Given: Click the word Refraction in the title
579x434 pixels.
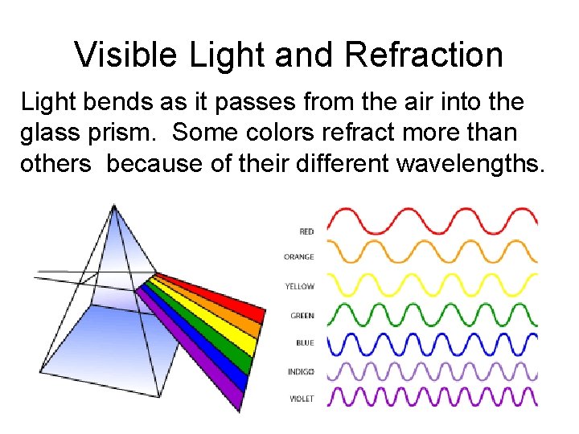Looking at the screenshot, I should point(423,55).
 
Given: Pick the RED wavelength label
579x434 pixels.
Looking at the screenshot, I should point(306,231).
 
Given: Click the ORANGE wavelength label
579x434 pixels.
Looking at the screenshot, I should point(298,257).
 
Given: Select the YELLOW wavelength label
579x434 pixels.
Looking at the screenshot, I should point(299,286).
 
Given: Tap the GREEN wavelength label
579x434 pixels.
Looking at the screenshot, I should point(302,316).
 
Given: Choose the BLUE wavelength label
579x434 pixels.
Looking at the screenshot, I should point(304,343).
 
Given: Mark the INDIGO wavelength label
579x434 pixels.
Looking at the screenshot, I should point(300,371).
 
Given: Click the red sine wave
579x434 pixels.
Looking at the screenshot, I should point(433,219).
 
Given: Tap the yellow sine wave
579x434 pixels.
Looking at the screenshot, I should point(433,284).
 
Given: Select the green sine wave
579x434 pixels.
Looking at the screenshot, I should point(433,314).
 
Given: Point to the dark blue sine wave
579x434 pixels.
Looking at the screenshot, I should point(433,344).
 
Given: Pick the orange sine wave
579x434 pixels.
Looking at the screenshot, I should point(433,250).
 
